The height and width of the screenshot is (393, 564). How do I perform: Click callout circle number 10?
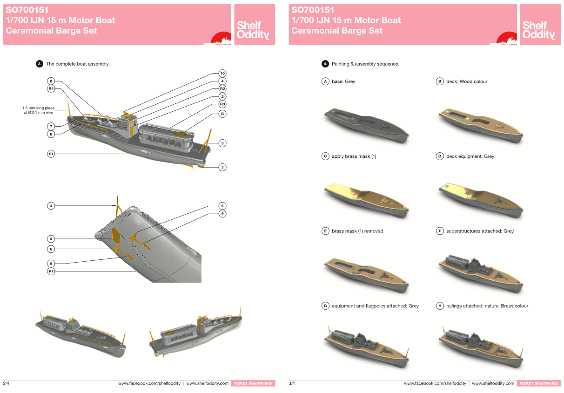pyautogui.click(x=222, y=74)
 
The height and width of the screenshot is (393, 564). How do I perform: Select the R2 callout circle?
pyautogui.click(x=222, y=88)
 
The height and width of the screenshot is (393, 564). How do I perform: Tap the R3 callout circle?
pyautogui.click(x=222, y=104)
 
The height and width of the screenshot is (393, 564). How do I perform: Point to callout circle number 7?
pyautogui.click(x=51, y=126)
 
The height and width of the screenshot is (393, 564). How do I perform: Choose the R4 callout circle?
pyautogui.click(x=51, y=88)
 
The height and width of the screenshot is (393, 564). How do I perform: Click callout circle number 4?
pyautogui.click(x=222, y=81)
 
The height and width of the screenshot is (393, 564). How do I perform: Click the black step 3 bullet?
pyautogui.click(x=40, y=64)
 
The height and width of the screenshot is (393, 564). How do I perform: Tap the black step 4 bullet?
pyautogui.click(x=325, y=64)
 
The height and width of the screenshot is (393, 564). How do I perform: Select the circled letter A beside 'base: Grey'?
pyautogui.click(x=326, y=81)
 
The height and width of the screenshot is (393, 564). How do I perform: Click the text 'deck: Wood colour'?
pyautogui.click(x=466, y=81)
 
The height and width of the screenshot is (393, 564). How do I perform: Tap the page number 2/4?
pyautogui.click(x=6, y=383)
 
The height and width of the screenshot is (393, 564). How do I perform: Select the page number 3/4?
pyautogui.click(x=292, y=383)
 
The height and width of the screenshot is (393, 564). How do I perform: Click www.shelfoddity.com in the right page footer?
pyautogui.click(x=493, y=383)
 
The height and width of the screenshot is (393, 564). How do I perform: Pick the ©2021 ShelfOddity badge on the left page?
pyautogui.click(x=253, y=383)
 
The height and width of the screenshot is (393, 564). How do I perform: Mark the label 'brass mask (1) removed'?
pyautogui.click(x=357, y=231)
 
